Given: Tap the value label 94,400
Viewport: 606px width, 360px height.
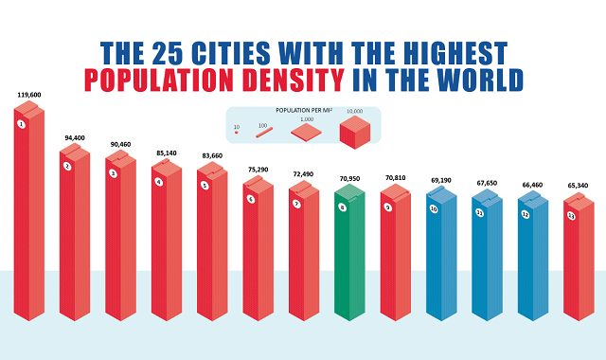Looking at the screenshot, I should pos(75,137).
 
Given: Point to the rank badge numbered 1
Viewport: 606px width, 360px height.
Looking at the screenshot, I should pos(20,124).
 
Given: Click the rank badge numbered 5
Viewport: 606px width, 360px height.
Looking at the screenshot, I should pos(204,185).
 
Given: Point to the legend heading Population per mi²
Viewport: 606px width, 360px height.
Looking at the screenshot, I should pos(304,111).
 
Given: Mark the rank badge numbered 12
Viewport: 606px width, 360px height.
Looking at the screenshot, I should pos(526,215).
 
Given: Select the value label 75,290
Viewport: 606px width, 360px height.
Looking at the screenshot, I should pos(258,171).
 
